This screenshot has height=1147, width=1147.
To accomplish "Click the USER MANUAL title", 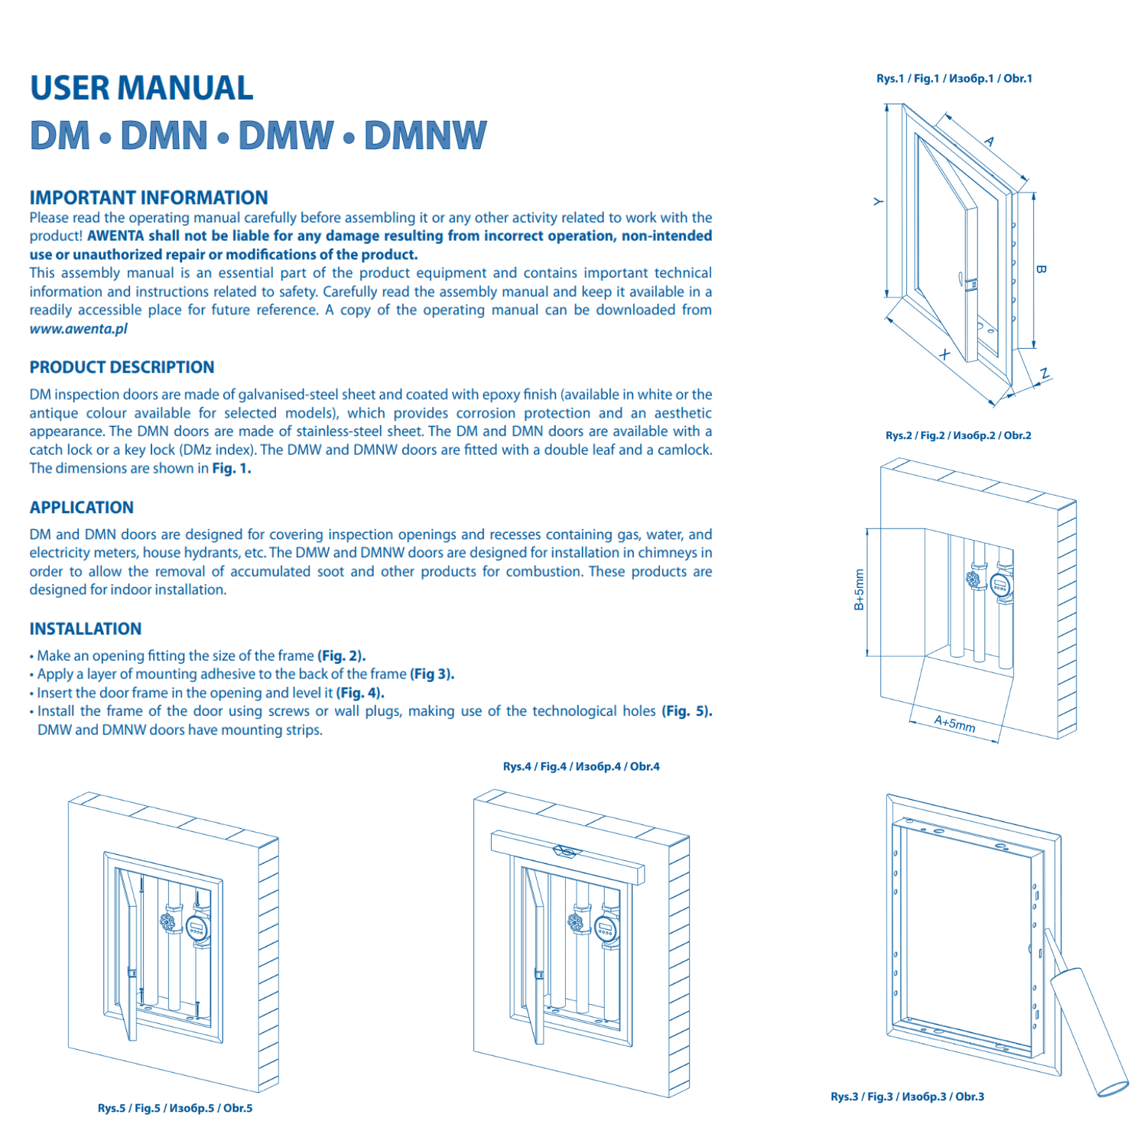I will pyautogui.click(x=141, y=88).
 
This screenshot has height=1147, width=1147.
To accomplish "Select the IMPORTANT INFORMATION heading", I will pyautogui.click(x=148, y=198).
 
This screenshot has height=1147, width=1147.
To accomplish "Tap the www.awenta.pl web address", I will pyautogui.click(x=78, y=329).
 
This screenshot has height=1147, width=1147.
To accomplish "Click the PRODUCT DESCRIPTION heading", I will pyautogui.click(x=122, y=367).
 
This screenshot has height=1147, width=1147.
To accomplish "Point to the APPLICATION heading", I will pyautogui.click(x=81, y=508).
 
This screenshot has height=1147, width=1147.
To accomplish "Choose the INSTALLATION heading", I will pyautogui.click(x=85, y=629).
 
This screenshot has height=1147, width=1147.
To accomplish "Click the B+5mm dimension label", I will pyautogui.click(x=859, y=590).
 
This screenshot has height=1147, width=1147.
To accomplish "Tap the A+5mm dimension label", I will pyautogui.click(x=954, y=723).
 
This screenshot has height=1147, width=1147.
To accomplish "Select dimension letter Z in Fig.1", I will pyautogui.click(x=1045, y=374).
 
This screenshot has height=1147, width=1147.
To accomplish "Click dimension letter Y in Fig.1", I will pyautogui.click(x=878, y=202).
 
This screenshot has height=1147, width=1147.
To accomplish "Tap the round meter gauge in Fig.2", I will pyautogui.click(x=1001, y=586).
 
